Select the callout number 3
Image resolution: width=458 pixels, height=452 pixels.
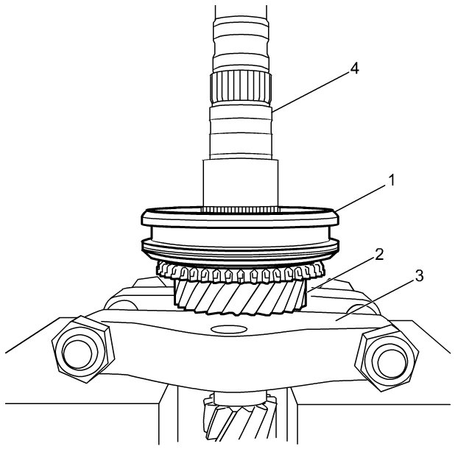coord(418,276)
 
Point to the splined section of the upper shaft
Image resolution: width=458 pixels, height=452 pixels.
coord(241,88)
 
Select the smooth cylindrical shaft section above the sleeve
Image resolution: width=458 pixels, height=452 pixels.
coord(241,184)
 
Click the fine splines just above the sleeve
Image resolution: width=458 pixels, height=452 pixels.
coord(241,211)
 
